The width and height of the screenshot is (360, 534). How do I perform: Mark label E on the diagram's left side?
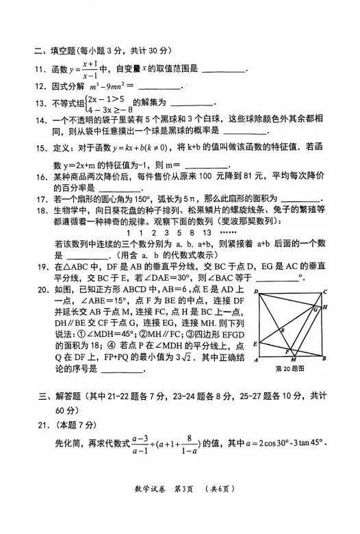[x=255, y=343]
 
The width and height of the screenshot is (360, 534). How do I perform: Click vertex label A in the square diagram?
[x=255, y=359]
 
